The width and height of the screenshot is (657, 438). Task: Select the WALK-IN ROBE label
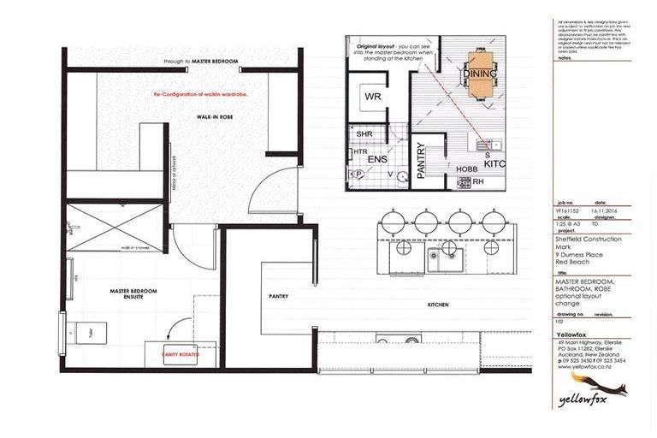click(210, 116)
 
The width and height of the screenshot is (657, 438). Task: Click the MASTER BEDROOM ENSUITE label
click(134, 294)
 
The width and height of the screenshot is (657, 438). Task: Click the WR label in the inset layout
click(373, 97)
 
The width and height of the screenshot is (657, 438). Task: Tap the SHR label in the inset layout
click(363, 134)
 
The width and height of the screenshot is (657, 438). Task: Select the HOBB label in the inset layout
click(467, 169)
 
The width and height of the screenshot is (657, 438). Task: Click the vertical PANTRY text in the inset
click(420, 159)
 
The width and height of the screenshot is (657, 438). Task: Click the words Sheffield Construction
click(589, 240)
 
